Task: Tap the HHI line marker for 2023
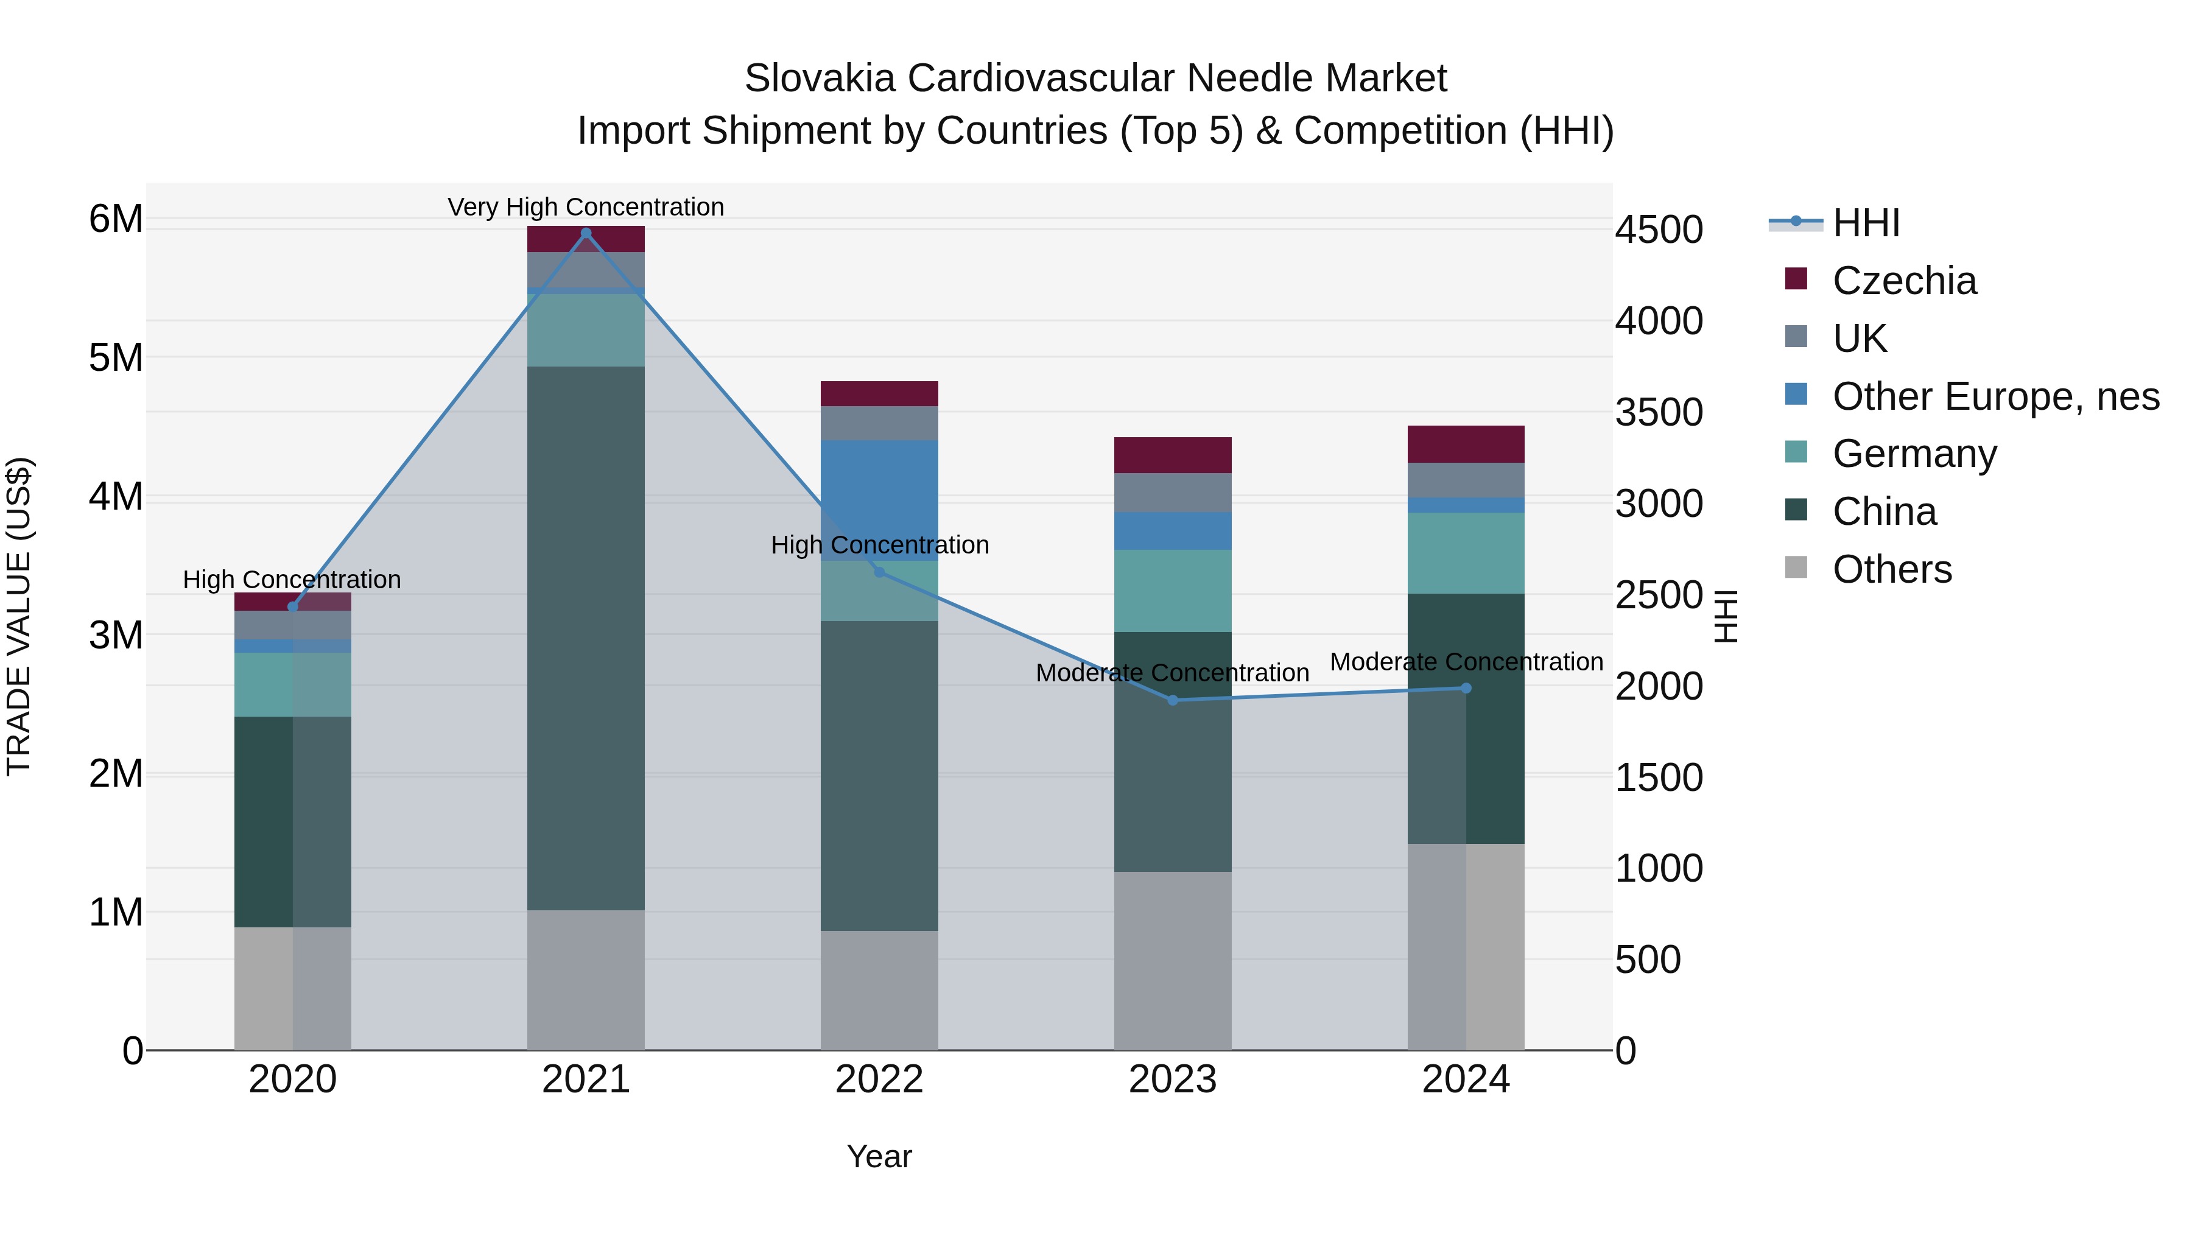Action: click(x=1173, y=700)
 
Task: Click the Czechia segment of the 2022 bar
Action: click(x=879, y=394)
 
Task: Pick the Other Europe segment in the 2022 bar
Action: click(x=879, y=501)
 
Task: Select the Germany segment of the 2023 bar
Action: click(x=1173, y=591)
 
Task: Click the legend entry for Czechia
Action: click(x=1903, y=281)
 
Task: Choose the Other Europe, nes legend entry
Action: click(x=1995, y=396)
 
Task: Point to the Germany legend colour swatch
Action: click(x=1796, y=452)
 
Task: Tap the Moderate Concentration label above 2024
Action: click(x=1466, y=661)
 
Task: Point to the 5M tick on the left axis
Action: click(x=116, y=358)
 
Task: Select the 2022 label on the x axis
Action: click(x=879, y=1080)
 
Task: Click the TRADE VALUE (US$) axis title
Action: click(x=19, y=616)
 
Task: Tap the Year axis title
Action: click(x=879, y=1156)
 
